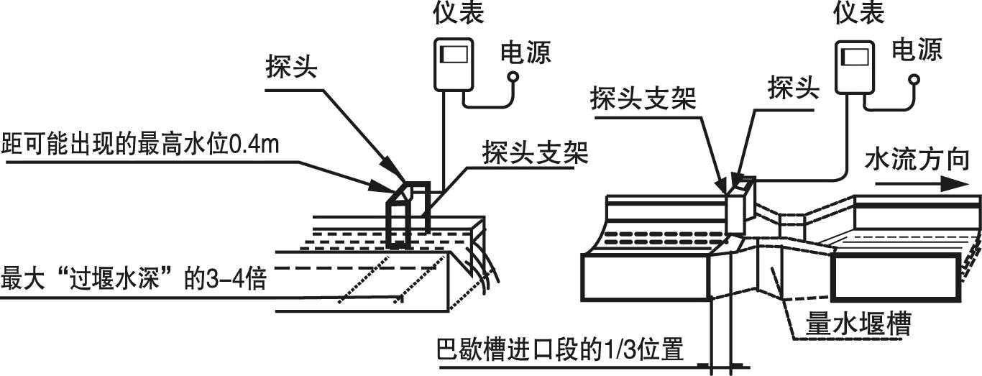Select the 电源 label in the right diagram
[x=917, y=50]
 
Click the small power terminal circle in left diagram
[x=512, y=75]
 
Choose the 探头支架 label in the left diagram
[x=536, y=155]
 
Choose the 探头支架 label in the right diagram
[x=643, y=98]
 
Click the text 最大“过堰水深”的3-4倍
[x=134, y=278]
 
